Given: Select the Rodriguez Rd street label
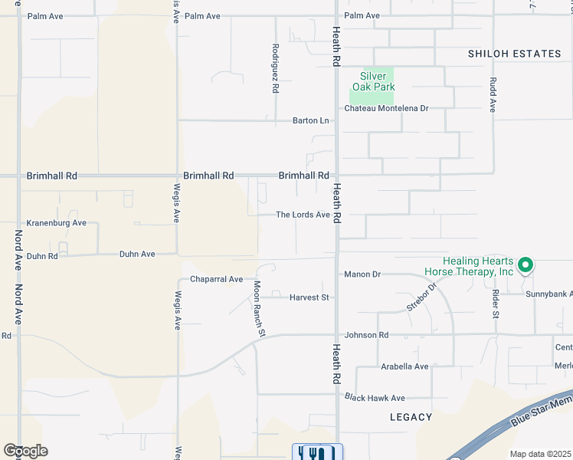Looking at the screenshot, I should (x=274, y=68).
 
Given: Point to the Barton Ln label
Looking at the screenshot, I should (x=310, y=120).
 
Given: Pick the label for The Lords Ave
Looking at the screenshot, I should (x=303, y=215).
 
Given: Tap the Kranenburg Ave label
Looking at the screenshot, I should (x=56, y=223).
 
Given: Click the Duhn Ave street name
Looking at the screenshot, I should (x=137, y=254).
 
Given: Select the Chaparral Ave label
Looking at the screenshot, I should (x=216, y=279).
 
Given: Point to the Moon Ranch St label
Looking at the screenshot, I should (x=259, y=308).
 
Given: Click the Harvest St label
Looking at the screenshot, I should (x=309, y=297).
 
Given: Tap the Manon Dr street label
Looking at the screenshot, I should (x=362, y=274).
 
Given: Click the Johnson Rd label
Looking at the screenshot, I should (x=366, y=335).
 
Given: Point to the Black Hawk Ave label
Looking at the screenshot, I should (x=375, y=398).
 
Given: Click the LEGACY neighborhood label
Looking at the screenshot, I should (x=411, y=417).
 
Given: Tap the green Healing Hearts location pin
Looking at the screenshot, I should (x=526, y=265).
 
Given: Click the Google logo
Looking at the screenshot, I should (x=25, y=451).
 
